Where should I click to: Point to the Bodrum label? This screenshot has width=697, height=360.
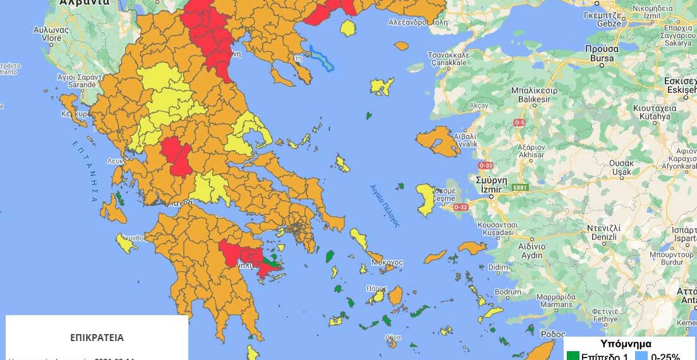click(x=508, y=292)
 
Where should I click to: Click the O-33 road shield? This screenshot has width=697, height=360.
click(x=485, y=165)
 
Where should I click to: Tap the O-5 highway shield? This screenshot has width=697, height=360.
click(x=519, y=122)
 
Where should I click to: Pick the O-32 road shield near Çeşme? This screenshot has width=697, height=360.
click(x=461, y=207)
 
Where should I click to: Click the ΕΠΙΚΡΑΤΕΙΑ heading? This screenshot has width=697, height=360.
click(x=97, y=337)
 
